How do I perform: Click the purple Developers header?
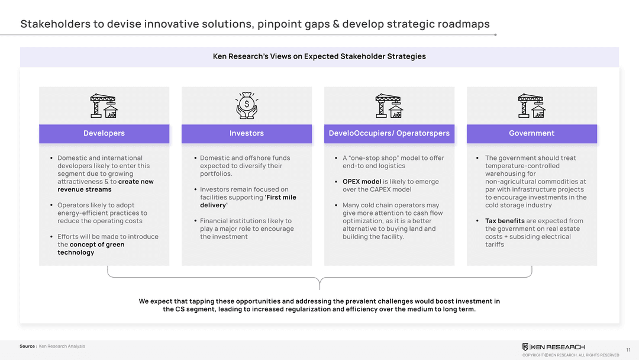click(x=104, y=134)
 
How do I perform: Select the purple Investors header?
click(x=247, y=134)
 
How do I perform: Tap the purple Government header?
click(x=532, y=134)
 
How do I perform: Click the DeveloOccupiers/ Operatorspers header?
click(x=389, y=134)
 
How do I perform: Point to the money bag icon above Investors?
click(x=247, y=105)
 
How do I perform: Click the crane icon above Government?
click(x=532, y=106)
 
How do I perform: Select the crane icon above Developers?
click(x=104, y=106)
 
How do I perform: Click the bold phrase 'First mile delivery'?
click(x=248, y=201)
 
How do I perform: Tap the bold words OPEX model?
click(x=362, y=181)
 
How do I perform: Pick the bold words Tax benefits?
click(x=505, y=221)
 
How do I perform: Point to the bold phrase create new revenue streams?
click(x=105, y=185)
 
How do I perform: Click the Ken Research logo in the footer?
click(x=553, y=347)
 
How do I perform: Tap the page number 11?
click(x=628, y=350)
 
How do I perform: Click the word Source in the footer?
click(x=27, y=346)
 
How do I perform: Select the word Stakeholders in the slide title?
click(x=56, y=24)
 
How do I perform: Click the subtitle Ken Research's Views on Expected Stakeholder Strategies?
click(x=319, y=56)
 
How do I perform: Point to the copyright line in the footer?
click(x=570, y=355)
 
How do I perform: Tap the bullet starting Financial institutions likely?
click(x=246, y=229)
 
